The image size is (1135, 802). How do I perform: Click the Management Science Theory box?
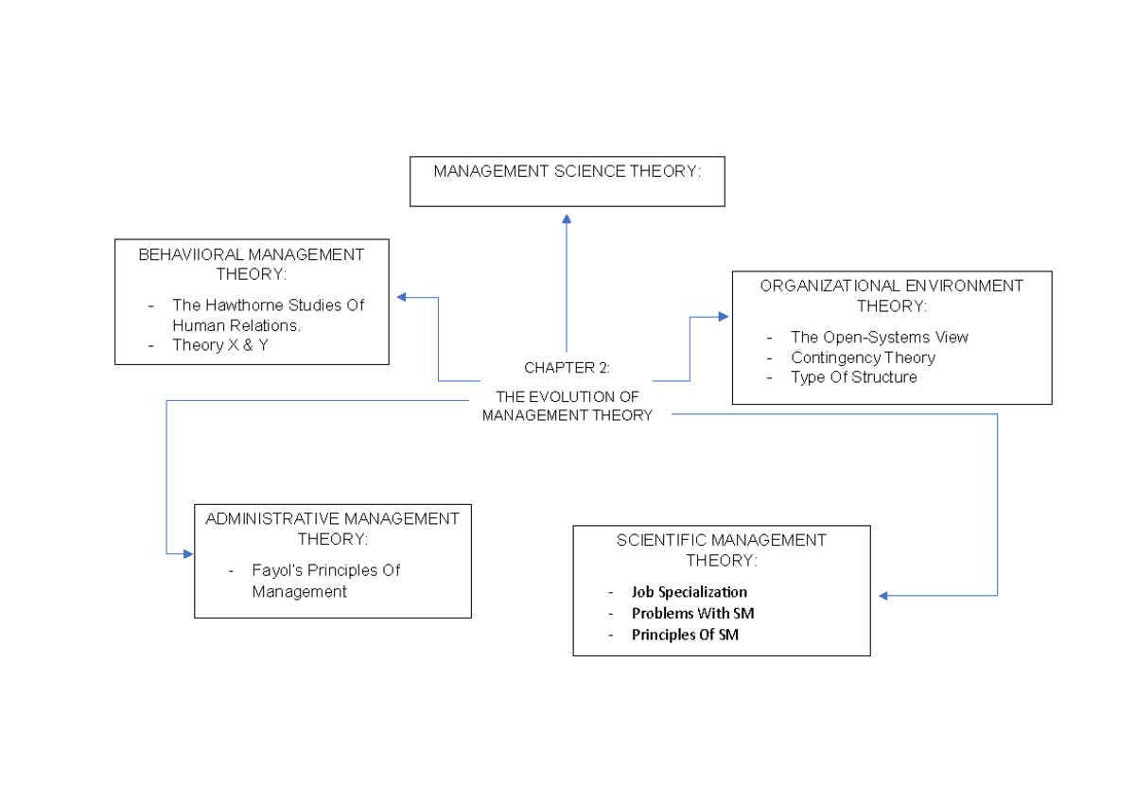pyautogui.click(x=567, y=181)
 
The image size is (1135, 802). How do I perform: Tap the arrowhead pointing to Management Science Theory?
pyautogui.click(x=567, y=219)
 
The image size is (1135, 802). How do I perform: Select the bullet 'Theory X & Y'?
pyautogui.click(x=219, y=345)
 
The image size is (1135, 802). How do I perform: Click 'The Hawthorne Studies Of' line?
pyautogui.click(x=268, y=305)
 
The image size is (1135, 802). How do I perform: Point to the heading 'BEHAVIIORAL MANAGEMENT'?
pyautogui.click(x=251, y=254)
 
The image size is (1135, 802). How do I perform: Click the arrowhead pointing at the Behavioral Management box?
pyautogui.click(x=402, y=297)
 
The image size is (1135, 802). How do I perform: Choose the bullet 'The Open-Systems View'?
pyautogui.click(x=879, y=337)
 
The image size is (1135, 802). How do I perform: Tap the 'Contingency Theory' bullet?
pyautogui.click(x=863, y=357)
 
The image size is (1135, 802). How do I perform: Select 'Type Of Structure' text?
pyautogui.click(x=853, y=377)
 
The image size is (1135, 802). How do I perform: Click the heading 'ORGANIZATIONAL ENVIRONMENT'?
pyautogui.click(x=891, y=286)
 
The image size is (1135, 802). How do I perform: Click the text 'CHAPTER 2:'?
pyautogui.click(x=567, y=368)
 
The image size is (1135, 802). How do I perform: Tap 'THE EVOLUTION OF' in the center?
pyautogui.click(x=567, y=396)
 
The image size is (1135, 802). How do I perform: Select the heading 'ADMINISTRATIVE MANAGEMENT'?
pyautogui.click(x=332, y=518)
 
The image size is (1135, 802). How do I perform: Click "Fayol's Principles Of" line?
pyautogui.click(x=325, y=570)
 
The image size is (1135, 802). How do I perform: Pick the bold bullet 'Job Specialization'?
pyautogui.click(x=689, y=592)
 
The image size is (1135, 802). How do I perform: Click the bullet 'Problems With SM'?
pyautogui.click(x=692, y=613)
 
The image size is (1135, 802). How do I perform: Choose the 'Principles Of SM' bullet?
pyautogui.click(x=685, y=635)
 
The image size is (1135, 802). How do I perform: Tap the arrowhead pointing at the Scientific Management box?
pyautogui.click(x=883, y=596)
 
